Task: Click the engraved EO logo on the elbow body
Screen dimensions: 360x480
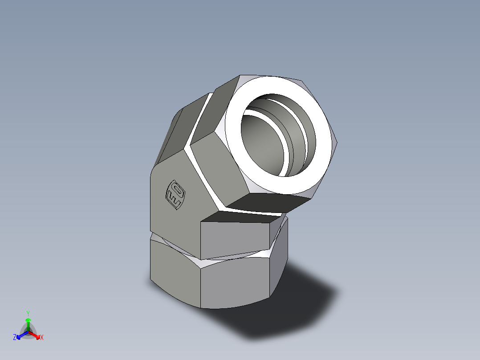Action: (x=175, y=194)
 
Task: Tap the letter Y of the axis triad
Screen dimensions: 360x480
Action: (x=28, y=313)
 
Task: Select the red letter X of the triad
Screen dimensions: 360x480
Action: (x=42, y=338)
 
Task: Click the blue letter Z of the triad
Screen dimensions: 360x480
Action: (x=15, y=338)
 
